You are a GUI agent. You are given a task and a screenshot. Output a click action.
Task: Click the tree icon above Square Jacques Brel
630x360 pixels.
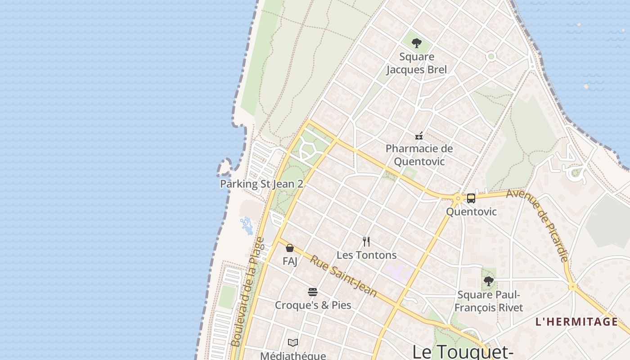tap(417, 44)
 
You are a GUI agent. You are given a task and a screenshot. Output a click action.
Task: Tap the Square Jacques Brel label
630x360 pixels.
tap(417, 63)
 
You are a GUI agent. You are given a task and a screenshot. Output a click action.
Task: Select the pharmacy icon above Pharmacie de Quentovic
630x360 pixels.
tap(419, 136)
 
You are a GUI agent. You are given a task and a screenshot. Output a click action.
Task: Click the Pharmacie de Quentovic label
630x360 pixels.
tap(419, 155)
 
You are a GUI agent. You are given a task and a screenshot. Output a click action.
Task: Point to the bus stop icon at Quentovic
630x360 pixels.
tap(471, 198)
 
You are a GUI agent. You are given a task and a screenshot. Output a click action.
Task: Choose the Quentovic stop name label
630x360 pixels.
tap(471, 211)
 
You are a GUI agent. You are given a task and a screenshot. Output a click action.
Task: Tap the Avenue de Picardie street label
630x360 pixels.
tap(537, 225)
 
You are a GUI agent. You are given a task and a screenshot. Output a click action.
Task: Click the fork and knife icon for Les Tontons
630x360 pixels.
tap(366, 242)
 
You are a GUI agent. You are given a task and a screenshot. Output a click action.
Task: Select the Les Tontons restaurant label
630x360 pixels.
tap(366, 255)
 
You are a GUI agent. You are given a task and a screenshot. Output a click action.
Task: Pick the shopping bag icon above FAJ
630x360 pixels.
tap(290, 248)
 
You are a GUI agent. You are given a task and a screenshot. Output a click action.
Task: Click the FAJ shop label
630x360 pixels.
tap(290, 261)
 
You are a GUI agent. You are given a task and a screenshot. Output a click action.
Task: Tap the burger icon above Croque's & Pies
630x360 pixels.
tap(313, 292)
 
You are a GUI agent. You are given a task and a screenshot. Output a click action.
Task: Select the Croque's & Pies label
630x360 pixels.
tap(313, 305)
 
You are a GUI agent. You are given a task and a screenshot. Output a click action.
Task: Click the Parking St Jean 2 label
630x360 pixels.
tap(261, 184)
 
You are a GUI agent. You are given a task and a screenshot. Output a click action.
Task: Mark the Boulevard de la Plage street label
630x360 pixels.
tap(248, 292)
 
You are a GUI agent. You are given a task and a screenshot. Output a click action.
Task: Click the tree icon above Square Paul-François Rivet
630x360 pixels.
tap(488, 282)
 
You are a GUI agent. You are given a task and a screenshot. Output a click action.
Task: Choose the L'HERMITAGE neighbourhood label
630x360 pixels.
tap(576, 322)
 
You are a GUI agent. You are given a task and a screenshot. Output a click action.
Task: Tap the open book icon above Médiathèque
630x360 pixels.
tap(293, 343)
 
